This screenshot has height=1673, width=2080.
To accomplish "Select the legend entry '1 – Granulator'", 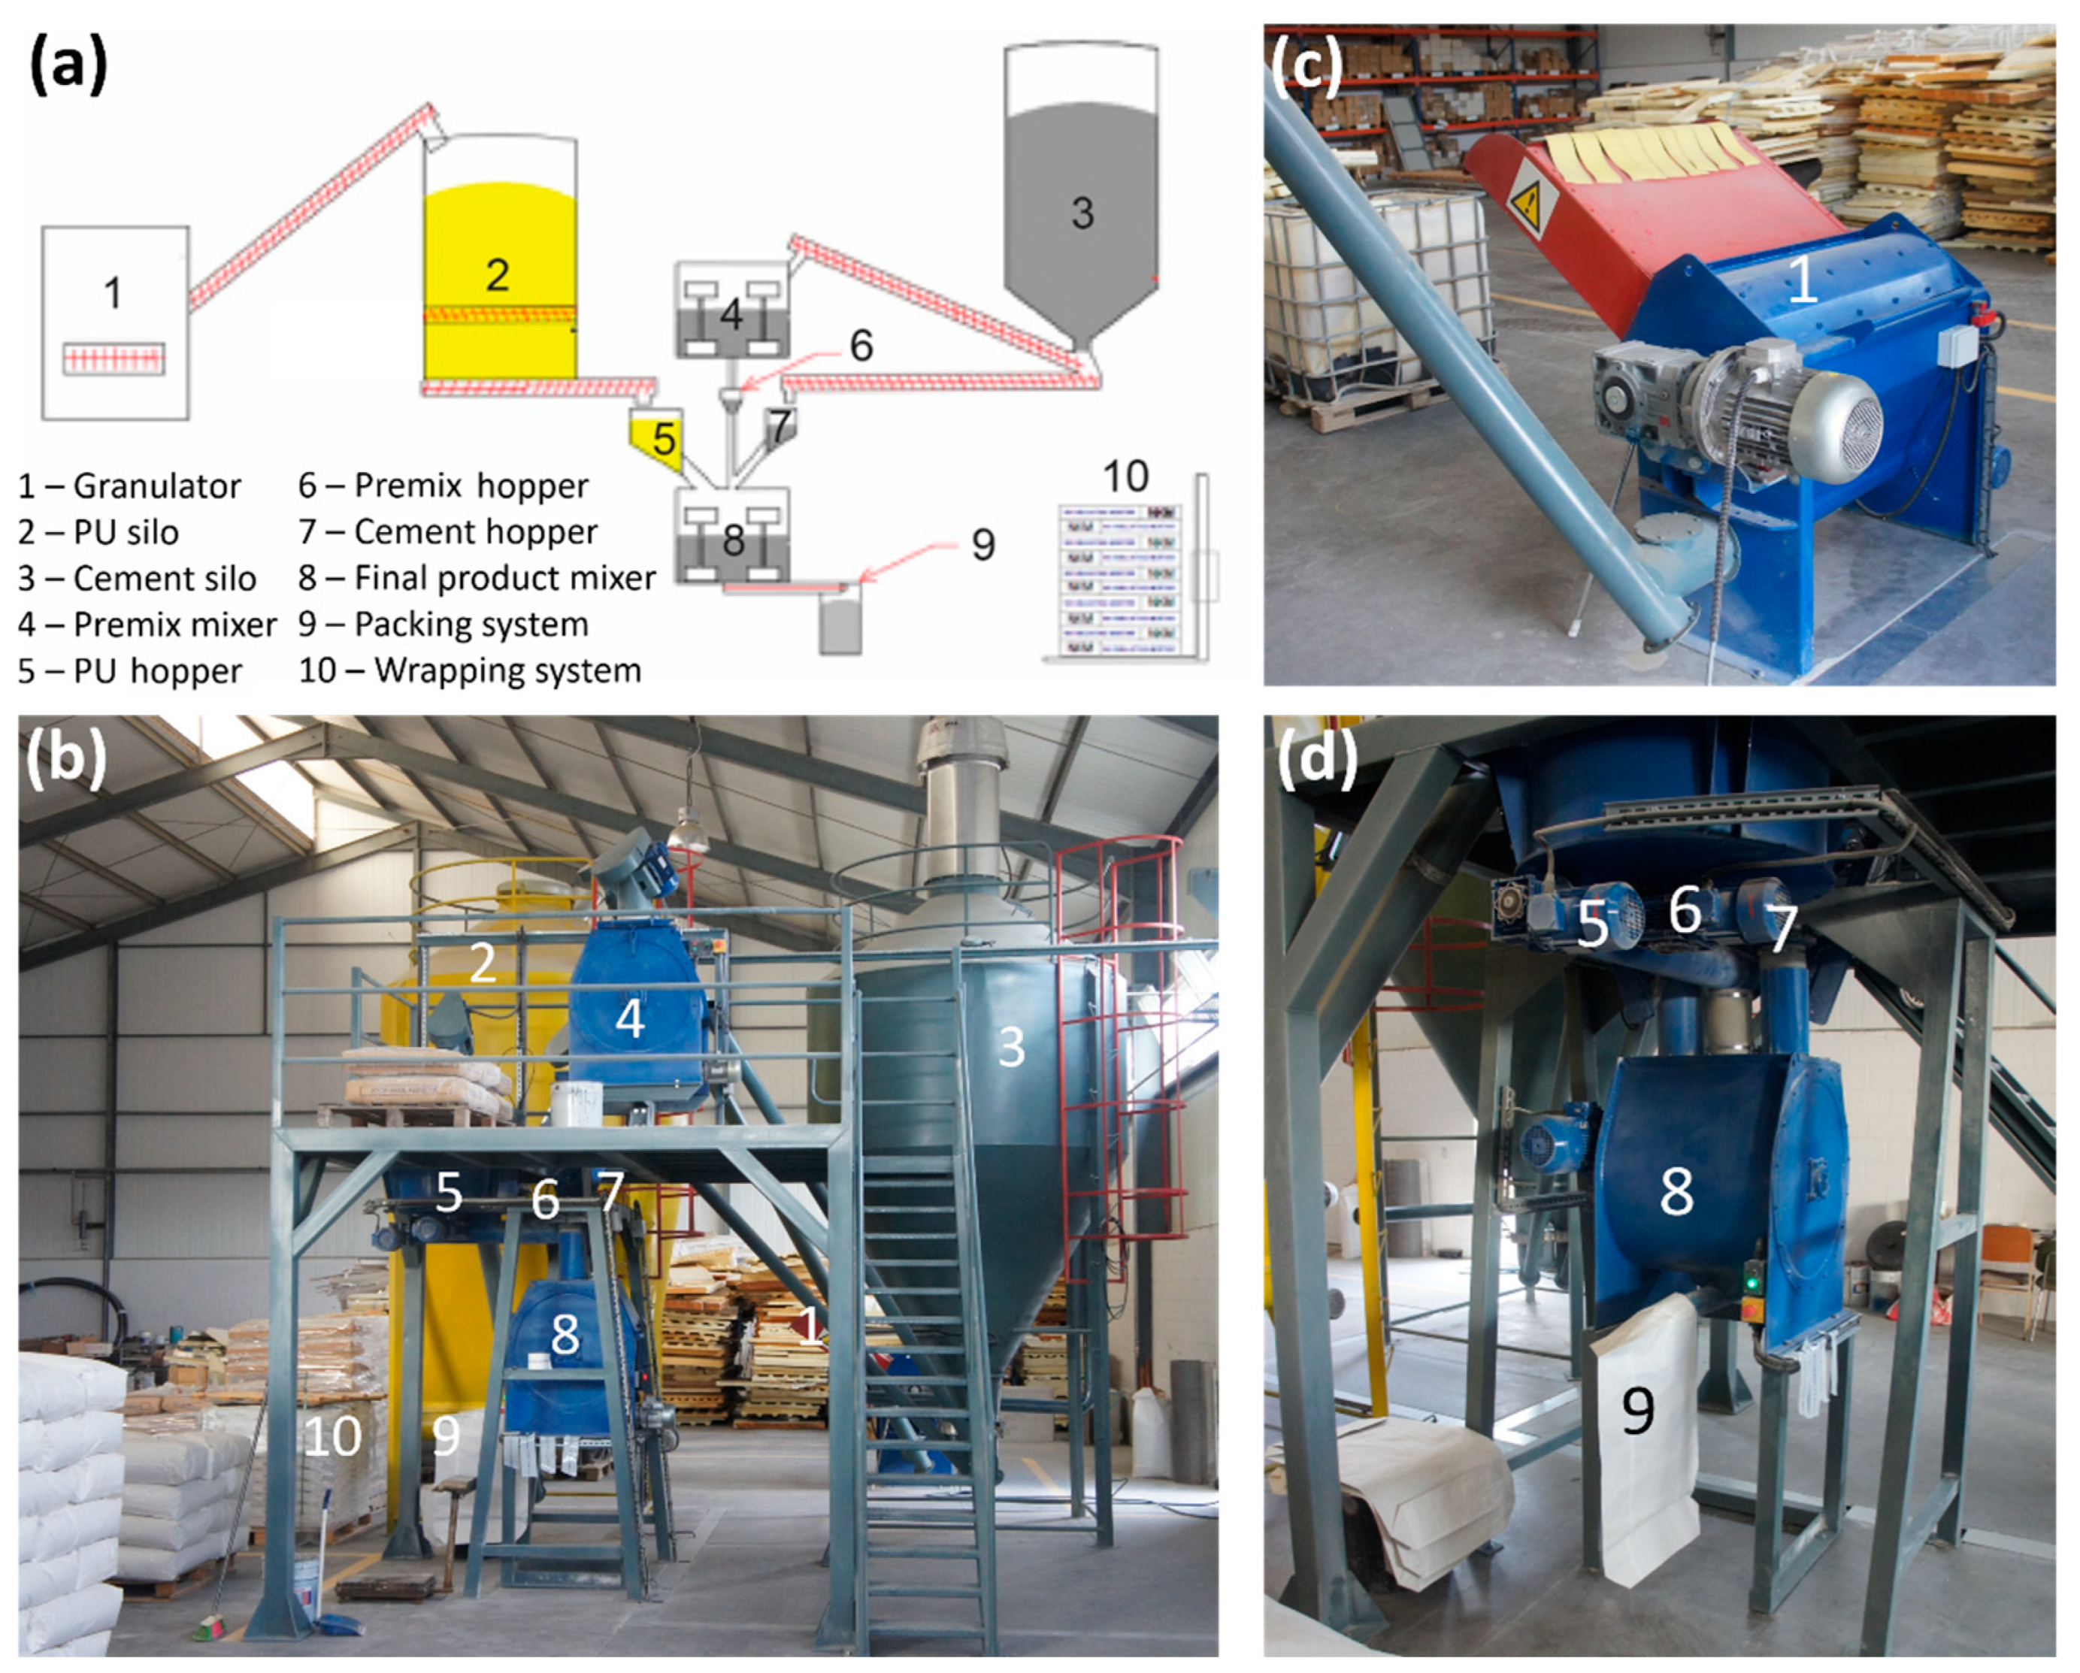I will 129,486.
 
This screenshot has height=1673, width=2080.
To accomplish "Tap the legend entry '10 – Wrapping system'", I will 470,670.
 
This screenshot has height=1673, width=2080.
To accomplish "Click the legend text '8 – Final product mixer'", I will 477,578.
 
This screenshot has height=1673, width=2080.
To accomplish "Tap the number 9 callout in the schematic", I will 982,545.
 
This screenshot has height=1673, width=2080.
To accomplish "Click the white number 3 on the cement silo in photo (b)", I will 1011,1047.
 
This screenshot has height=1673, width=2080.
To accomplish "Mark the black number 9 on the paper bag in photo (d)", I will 1637,1411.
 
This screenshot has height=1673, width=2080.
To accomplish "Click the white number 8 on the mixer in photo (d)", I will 1676,1191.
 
